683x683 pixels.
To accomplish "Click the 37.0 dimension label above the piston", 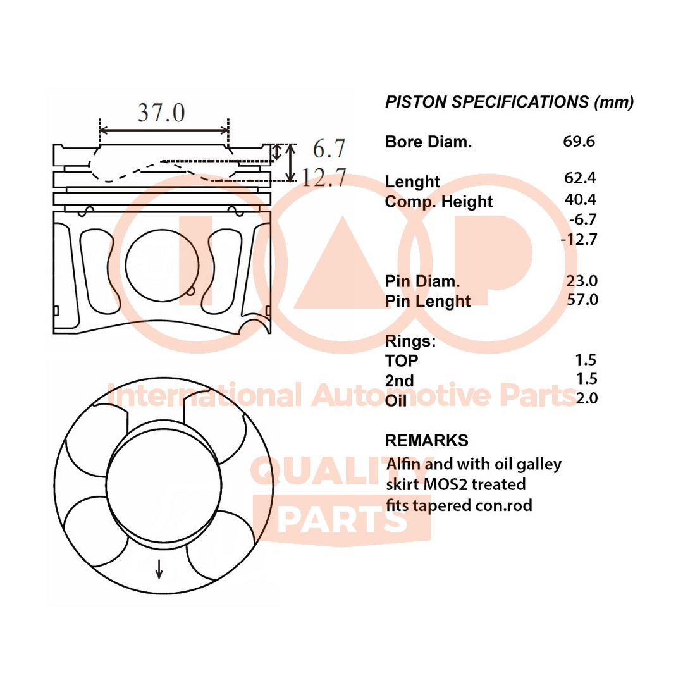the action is [x=162, y=113].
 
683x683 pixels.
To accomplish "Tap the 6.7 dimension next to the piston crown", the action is [x=329, y=149].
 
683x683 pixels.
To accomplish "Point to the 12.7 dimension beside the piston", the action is [x=324, y=177].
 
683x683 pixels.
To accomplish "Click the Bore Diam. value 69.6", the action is [x=579, y=142].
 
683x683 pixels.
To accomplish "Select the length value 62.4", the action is [x=580, y=178].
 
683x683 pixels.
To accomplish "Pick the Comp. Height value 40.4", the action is [x=580, y=199].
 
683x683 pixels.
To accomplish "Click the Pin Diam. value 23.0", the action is [x=582, y=281].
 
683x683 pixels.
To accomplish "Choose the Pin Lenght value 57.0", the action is [x=582, y=300].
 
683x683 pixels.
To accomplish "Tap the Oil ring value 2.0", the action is [x=587, y=398].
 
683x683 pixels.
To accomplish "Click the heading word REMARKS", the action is [x=426, y=440].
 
